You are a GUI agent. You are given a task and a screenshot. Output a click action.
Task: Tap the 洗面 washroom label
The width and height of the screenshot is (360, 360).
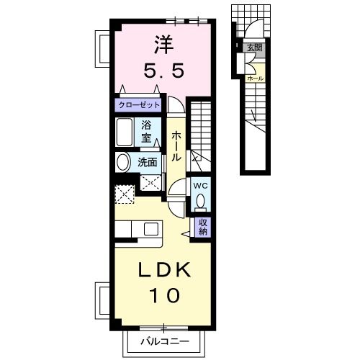click(148, 162)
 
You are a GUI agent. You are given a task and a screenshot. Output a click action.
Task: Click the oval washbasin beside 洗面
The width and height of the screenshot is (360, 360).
click(123, 162)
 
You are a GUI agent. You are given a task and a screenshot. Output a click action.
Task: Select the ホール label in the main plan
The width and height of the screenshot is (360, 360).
click(176, 146)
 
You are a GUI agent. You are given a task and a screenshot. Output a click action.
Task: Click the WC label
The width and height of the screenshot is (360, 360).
click(200, 184)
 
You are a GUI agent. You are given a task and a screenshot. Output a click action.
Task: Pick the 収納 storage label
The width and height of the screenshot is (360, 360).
click(203, 227)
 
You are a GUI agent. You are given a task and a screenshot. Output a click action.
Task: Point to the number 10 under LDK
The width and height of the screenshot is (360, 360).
click(163, 294)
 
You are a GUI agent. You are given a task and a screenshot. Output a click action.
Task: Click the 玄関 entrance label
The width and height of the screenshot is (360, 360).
click(254, 48)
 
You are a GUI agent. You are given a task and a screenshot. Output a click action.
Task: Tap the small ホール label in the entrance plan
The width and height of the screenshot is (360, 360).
click(254, 76)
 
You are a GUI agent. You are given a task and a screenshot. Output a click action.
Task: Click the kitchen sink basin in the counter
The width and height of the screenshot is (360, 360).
click(152, 229)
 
